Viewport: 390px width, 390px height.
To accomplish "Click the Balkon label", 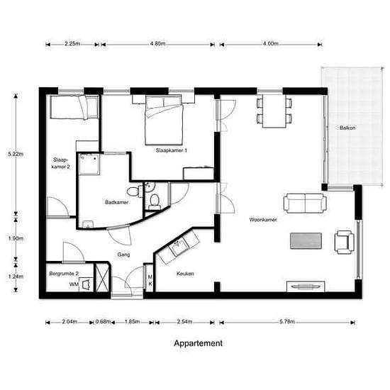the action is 347,128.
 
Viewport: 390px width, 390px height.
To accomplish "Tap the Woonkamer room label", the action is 263,220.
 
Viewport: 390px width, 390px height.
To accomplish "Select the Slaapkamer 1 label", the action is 172,150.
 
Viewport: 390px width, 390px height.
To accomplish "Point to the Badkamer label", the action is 117,202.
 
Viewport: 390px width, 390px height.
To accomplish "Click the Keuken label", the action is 185,274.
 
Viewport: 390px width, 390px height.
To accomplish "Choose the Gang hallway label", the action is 123,255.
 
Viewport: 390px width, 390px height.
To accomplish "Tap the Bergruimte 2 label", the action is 64,274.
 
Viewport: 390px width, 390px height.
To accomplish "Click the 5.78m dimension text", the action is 287,322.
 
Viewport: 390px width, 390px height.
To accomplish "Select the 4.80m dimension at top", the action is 157,44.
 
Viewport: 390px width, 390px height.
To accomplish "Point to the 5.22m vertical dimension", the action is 16,154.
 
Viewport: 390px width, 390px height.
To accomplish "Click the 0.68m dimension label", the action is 103,322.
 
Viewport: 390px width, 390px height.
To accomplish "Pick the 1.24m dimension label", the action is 16,277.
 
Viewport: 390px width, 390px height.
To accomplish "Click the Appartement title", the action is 198,343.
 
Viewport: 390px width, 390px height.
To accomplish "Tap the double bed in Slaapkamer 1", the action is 165,121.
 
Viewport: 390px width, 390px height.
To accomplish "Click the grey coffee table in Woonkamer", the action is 306,240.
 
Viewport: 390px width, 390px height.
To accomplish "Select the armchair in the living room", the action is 344,242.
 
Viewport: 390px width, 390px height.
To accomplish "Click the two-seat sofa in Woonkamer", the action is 305,203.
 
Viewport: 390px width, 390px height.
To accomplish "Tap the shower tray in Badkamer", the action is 89,164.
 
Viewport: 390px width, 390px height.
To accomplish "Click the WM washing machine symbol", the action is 86,284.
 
